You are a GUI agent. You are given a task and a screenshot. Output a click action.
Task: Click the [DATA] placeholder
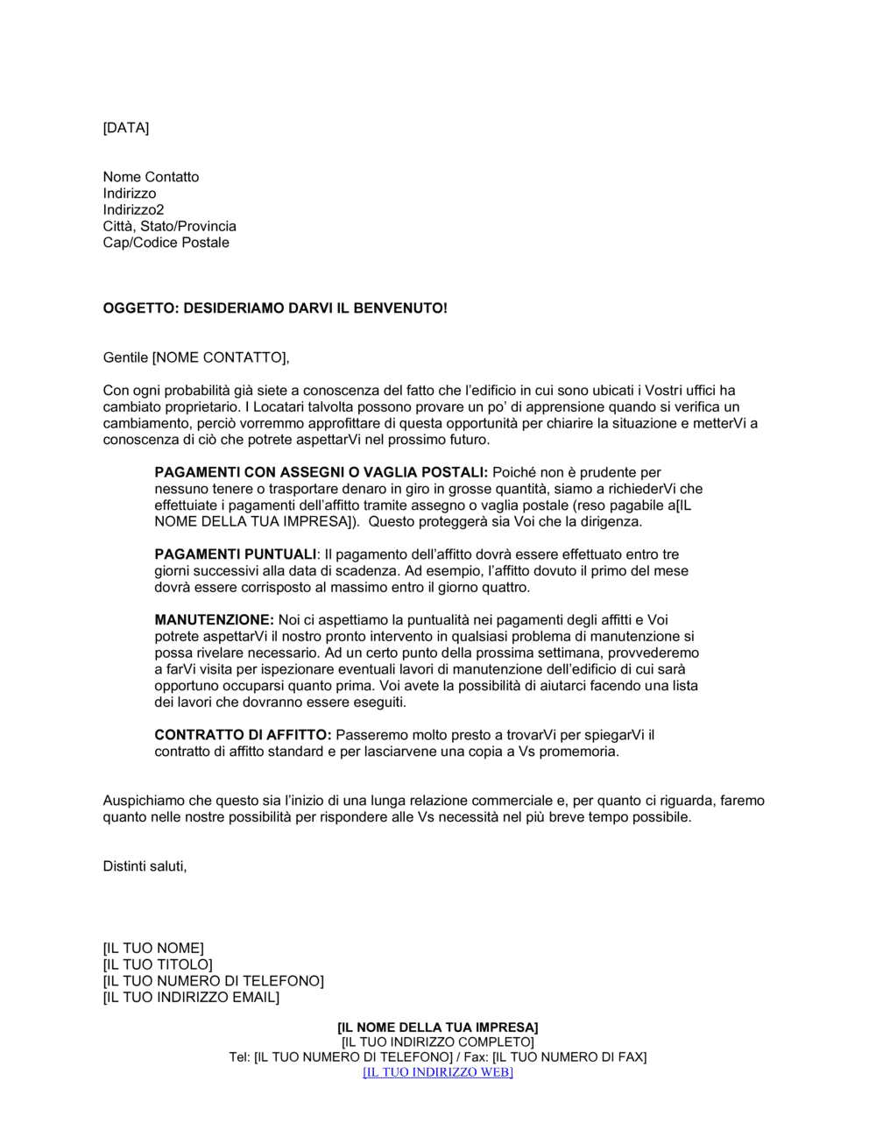coord(126,128)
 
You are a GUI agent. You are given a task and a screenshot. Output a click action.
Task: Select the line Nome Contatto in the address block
coord(151,177)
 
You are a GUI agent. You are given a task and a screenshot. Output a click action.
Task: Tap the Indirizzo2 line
coord(133,209)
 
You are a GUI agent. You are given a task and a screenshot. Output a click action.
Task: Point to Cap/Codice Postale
coord(166,243)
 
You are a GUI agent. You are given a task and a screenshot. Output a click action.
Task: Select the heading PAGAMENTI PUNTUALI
coord(235,554)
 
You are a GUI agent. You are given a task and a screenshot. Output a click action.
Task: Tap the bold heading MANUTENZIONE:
coord(214,620)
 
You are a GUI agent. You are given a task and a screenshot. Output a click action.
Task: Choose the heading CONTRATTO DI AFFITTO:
coord(243,735)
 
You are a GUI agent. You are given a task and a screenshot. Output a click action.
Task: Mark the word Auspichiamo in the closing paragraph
coord(143,801)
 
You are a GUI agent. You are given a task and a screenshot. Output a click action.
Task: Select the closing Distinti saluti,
coord(145,866)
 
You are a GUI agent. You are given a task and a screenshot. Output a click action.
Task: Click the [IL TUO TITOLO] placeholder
coord(158,964)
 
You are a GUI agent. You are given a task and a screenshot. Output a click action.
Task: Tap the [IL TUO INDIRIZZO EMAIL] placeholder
coord(191,997)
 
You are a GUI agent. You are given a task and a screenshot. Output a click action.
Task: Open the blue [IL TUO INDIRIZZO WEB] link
coord(438,1072)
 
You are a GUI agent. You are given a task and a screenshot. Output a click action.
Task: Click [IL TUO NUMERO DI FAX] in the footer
coord(569,1057)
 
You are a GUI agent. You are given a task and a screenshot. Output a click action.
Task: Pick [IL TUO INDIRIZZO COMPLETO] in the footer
coord(438,1042)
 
